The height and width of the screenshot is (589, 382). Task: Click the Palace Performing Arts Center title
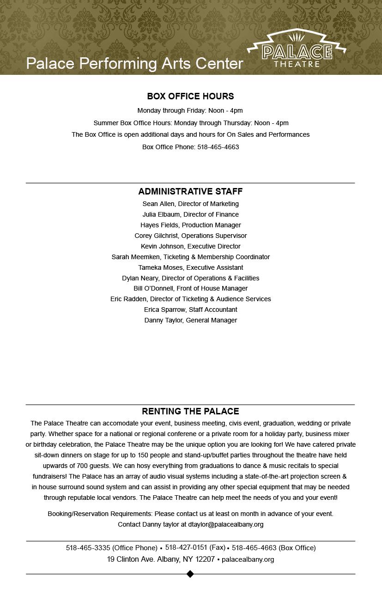134,63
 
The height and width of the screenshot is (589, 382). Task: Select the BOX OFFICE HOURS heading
190,96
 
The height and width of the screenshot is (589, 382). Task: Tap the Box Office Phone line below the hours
190,147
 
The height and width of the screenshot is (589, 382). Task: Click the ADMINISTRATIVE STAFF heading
190,191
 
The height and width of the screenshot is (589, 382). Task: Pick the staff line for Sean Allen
190,204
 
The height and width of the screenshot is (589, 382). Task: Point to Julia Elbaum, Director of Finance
190,214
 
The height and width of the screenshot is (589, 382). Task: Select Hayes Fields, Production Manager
190,225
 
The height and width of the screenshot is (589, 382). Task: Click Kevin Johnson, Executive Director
190,246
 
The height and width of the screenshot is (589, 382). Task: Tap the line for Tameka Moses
190,267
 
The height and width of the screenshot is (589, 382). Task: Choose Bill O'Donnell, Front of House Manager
190,288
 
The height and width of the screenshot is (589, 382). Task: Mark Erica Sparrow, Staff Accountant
190,310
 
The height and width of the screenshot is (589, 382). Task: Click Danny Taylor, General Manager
190,320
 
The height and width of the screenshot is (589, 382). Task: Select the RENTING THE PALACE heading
190,411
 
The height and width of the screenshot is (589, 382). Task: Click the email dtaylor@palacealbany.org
226,524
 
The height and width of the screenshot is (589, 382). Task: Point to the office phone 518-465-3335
88,548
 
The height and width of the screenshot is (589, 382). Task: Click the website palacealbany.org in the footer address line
248,559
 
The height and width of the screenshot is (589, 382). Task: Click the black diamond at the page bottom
190,574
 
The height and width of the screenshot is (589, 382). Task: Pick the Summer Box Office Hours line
190,123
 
